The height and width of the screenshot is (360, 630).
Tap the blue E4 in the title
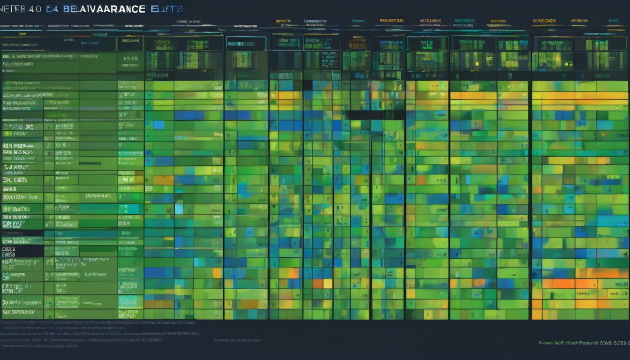click(52, 9)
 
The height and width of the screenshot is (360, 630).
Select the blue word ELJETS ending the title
click(167, 9)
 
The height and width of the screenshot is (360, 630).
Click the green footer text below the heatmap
click(584, 343)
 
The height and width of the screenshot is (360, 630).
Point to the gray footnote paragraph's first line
click(94, 323)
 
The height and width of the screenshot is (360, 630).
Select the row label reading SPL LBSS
click(15, 180)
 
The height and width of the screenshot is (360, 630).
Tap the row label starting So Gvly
click(22, 303)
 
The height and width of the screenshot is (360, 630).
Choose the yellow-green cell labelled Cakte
click(583, 294)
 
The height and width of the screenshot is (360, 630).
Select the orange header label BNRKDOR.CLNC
click(391, 21)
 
